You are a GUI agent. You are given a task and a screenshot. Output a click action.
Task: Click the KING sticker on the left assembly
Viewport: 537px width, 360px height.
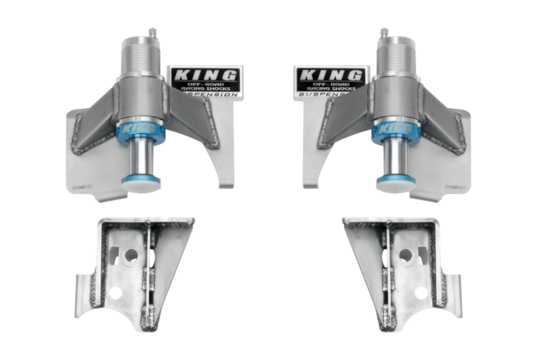pos(205,83)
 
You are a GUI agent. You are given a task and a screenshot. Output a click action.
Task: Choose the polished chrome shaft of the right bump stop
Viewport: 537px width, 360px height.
pos(395,158)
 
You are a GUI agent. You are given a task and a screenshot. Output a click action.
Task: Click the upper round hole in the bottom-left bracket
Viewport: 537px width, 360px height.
pos(132,256)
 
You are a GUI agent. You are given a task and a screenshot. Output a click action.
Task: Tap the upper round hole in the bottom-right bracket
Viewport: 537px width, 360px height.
pos(405,256)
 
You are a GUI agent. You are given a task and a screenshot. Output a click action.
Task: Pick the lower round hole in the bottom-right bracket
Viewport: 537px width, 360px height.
pos(420,293)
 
